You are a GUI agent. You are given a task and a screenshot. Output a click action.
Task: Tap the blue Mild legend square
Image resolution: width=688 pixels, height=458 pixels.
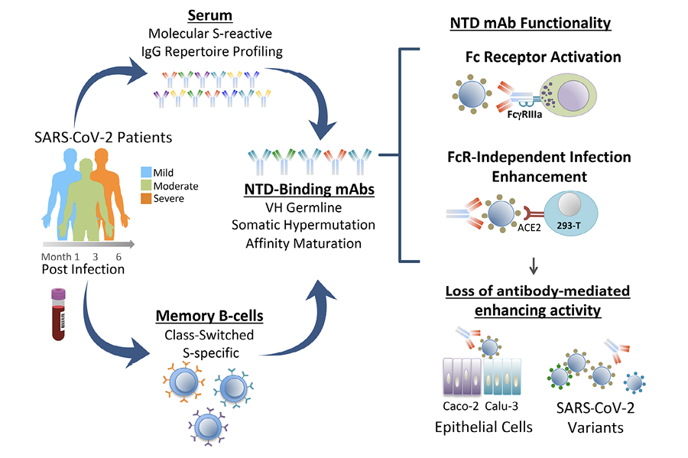click(x=145, y=173)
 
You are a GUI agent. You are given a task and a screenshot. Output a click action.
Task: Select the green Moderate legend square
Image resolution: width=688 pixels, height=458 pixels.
click(x=145, y=186)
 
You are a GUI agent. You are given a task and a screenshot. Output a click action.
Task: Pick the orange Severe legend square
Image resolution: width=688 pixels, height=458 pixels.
click(x=145, y=199)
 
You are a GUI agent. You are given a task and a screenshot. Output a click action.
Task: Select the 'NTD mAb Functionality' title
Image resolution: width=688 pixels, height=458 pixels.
click(x=530, y=23)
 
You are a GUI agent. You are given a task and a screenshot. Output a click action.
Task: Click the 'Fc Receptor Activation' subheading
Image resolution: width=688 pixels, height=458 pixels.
click(x=532, y=57)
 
